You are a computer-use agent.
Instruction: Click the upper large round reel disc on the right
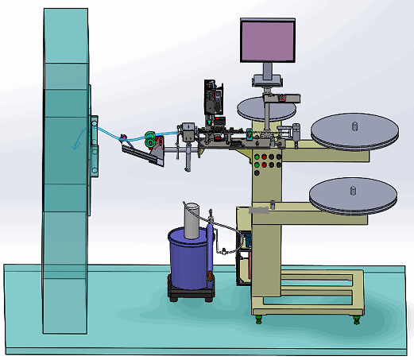[x=354, y=130]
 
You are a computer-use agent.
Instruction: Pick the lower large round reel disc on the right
[x=353, y=195]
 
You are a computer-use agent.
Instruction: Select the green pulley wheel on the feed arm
[x=149, y=137]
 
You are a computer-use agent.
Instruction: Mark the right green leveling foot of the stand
[x=357, y=319]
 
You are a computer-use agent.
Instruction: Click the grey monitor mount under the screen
[x=268, y=79]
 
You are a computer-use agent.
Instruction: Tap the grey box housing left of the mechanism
[x=188, y=132]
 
